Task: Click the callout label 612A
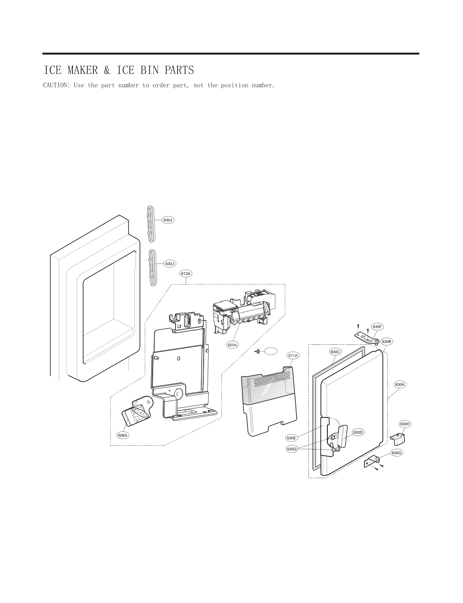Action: [186, 273]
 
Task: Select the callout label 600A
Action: [232, 345]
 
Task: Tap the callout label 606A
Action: [123, 436]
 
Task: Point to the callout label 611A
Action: [293, 356]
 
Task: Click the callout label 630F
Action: [377, 327]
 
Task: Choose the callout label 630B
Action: [387, 342]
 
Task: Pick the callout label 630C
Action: [335, 352]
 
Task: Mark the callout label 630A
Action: [400, 385]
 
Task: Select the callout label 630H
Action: [405, 424]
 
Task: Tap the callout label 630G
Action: [397, 453]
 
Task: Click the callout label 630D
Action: [359, 433]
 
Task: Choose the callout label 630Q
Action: [292, 449]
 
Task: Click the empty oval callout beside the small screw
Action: [271, 351]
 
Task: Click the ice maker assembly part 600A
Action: [243, 311]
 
